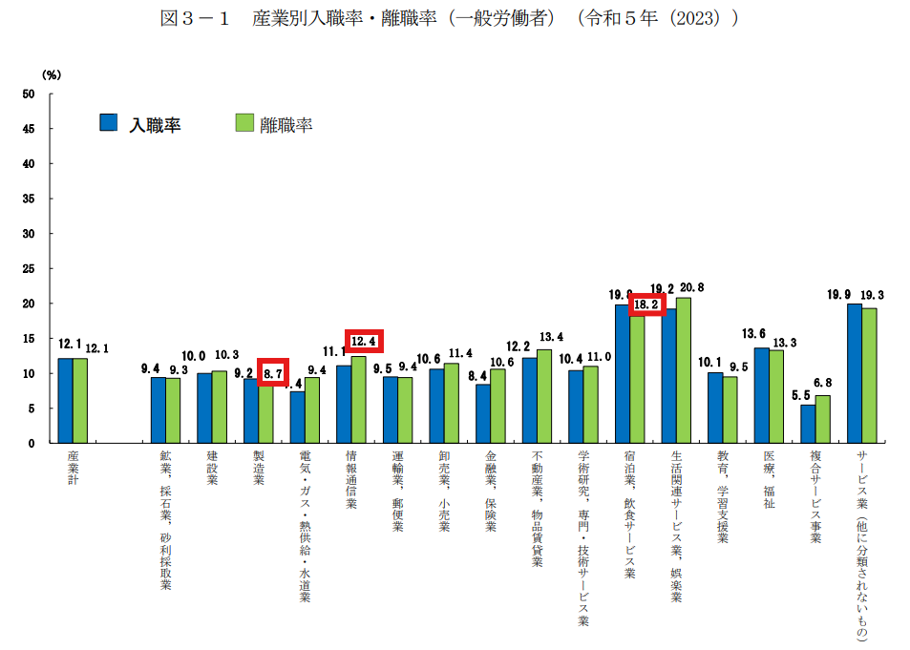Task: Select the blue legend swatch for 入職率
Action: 109,122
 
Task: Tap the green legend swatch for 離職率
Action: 243,122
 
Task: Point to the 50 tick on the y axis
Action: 29,94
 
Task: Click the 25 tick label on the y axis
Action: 29,268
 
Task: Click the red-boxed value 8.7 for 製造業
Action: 273,373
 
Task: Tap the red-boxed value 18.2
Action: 647,304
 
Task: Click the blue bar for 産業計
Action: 65,400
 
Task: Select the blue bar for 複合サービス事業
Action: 808,424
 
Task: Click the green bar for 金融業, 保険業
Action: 497,406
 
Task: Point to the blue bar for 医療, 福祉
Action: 761,395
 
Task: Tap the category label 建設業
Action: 212,469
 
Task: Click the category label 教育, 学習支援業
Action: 723,497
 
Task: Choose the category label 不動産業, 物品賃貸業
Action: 537,510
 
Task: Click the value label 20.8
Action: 691,287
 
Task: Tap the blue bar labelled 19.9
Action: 854,373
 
